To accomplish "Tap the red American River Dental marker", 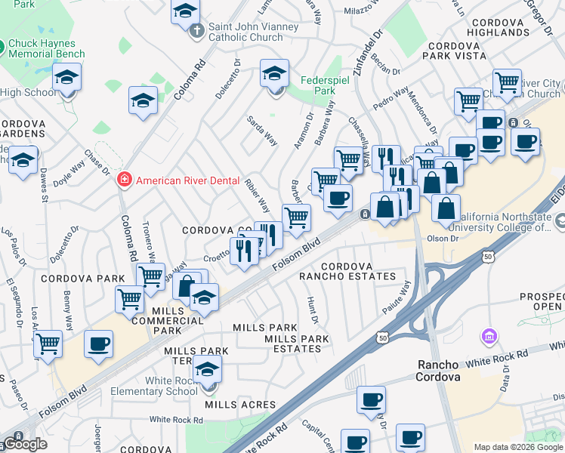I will click(x=124, y=180).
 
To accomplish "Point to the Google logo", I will click(x=24, y=444).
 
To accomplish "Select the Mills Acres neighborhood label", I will click(x=240, y=405).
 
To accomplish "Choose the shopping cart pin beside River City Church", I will click(x=506, y=81).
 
